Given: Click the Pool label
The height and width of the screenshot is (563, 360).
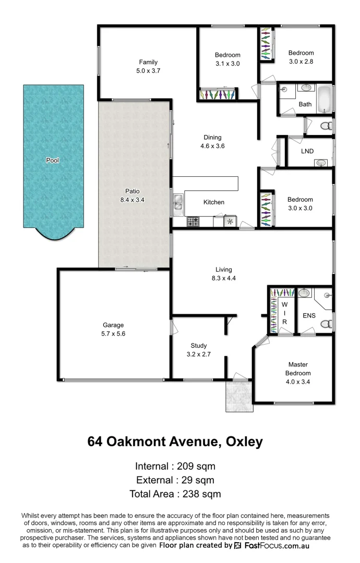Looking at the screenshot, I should click(x=52, y=161).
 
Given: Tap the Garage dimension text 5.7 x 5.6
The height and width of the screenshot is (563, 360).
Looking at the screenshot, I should click(x=113, y=334).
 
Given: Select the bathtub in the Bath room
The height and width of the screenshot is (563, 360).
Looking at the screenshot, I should click(x=325, y=99).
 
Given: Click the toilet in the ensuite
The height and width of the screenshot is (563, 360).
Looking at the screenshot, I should click(x=326, y=324).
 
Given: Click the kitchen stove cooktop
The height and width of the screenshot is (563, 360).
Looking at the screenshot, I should click(x=193, y=222).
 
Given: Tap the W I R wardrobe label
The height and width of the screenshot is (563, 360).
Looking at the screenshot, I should click(x=285, y=313).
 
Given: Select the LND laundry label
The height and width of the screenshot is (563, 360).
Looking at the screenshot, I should click(x=307, y=151).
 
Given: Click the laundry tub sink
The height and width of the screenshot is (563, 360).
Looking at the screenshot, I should click(x=321, y=163).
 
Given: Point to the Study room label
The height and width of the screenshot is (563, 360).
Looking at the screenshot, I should click(x=198, y=346).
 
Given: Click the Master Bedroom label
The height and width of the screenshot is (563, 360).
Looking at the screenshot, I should click(x=298, y=369).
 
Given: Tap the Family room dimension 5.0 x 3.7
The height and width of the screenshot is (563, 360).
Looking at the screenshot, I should click(x=148, y=71).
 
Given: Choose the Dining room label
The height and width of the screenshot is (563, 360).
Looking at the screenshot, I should click(x=213, y=138).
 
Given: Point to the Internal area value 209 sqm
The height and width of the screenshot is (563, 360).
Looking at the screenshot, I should click(x=189, y=466).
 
